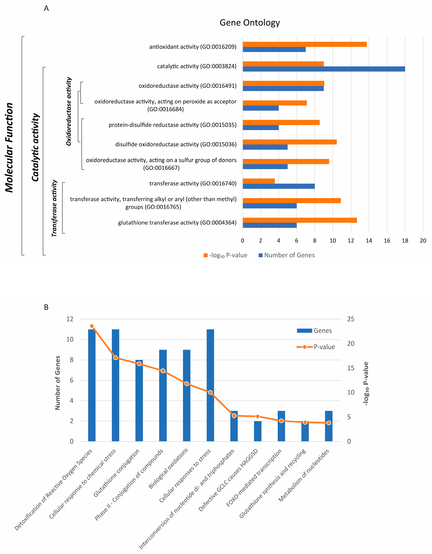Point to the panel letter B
click(46, 307)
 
